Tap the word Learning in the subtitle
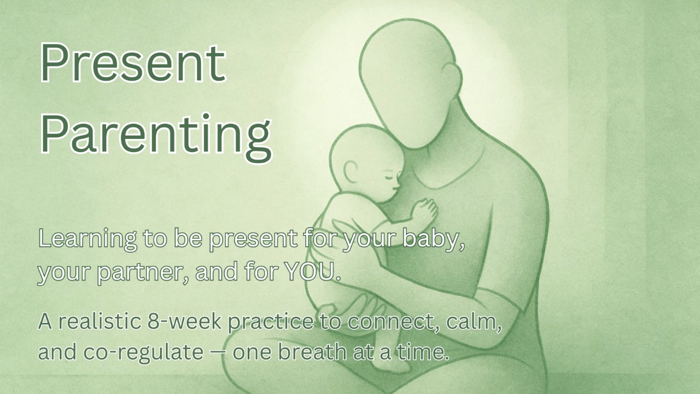[87, 240]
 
